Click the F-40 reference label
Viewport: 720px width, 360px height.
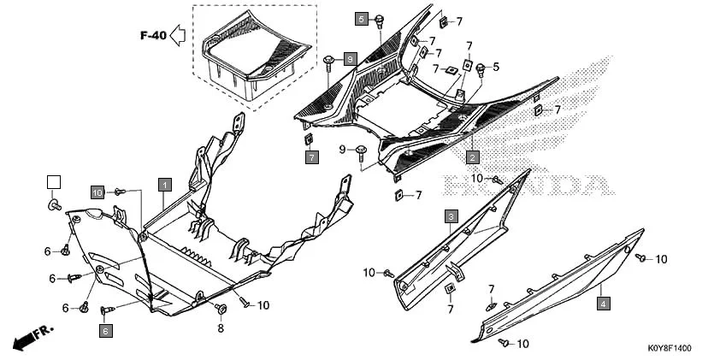(x=152, y=36)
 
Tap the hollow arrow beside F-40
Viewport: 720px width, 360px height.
(x=178, y=35)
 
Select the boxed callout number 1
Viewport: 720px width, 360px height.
(x=163, y=183)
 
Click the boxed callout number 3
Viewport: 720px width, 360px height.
(x=451, y=216)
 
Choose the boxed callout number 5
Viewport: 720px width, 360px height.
(x=361, y=19)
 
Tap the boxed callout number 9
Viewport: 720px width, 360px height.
(x=349, y=58)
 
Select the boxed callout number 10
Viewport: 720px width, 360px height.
(x=97, y=192)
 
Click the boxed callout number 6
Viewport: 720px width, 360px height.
(x=105, y=330)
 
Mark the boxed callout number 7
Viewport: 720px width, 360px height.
(x=311, y=157)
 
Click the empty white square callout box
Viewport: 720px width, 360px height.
(x=54, y=181)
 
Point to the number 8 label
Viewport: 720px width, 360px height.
(x=220, y=328)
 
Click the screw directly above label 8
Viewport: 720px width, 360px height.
(x=221, y=308)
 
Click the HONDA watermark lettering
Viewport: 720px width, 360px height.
(x=526, y=183)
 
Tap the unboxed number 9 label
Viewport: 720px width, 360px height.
(x=341, y=150)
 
